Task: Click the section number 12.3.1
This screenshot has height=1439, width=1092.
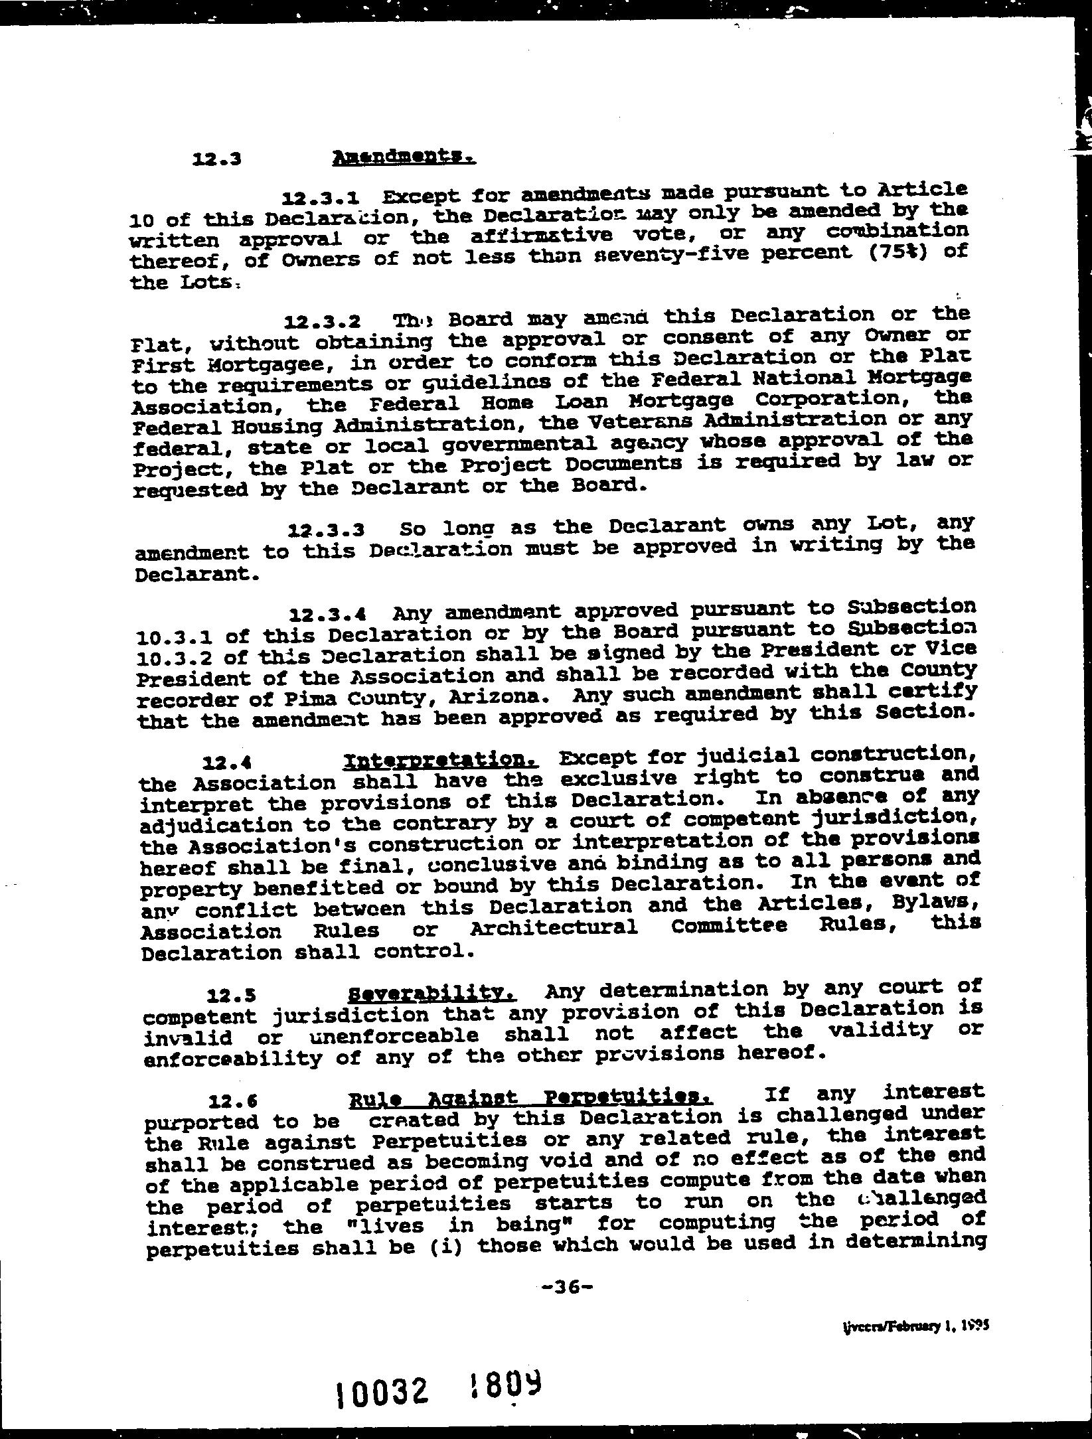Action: tap(321, 198)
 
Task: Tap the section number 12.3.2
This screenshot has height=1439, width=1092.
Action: tap(323, 322)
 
